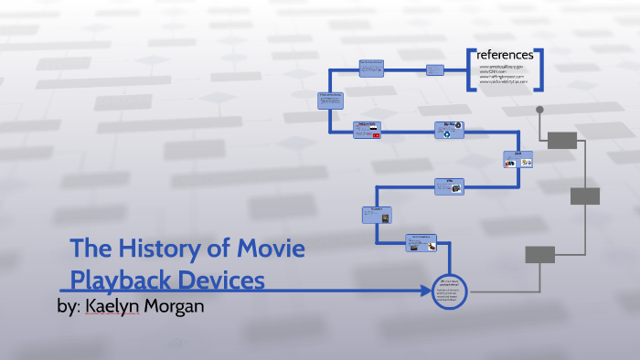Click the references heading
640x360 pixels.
505,56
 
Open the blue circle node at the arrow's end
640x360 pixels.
447,292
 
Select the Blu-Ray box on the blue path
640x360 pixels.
449,130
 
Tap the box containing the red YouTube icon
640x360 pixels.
367,130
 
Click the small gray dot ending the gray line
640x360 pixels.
539,110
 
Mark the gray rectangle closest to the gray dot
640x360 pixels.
561,140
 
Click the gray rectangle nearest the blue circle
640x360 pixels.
540,254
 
